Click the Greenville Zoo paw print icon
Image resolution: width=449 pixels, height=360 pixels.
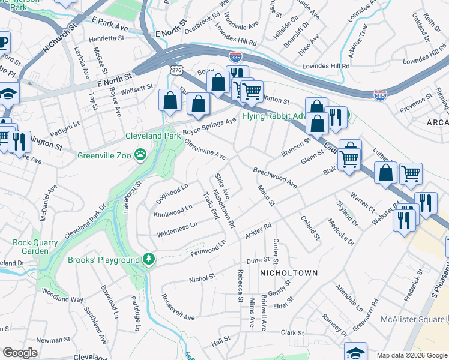[140, 155]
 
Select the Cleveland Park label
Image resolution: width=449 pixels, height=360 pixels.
[153, 136]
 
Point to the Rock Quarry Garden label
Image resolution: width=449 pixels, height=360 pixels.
[30, 247]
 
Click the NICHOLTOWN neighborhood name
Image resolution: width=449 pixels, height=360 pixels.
[288, 273]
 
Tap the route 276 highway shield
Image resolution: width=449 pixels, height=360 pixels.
[175, 71]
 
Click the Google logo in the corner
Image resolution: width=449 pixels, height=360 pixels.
[20, 353]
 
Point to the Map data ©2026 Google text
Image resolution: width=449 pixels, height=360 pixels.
[411, 355]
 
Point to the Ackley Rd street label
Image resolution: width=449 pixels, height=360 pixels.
[259, 229]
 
